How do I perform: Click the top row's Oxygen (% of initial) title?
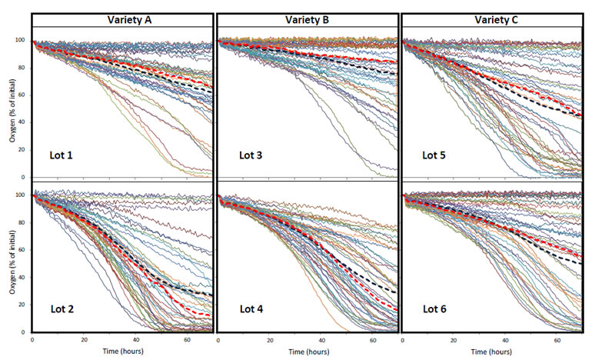pos(9,105)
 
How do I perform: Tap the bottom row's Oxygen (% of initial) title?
pos(9,262)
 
